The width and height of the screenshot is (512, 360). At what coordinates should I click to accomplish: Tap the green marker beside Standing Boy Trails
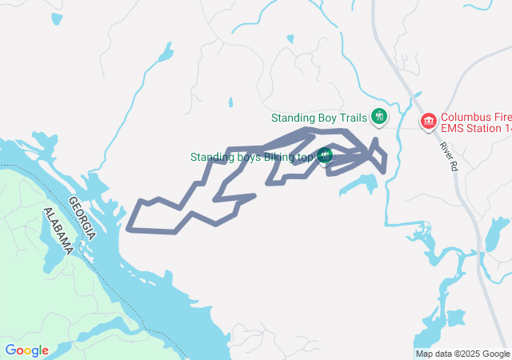379,118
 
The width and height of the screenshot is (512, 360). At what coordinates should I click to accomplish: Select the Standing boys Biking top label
251,157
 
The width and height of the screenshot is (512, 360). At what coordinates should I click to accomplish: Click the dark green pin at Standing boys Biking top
325,156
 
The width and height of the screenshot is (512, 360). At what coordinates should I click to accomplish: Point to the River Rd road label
447,157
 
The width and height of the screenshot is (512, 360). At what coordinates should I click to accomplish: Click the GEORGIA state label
82,219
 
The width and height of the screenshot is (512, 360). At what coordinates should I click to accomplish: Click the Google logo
26,350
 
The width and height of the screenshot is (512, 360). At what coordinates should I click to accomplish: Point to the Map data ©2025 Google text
462,354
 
